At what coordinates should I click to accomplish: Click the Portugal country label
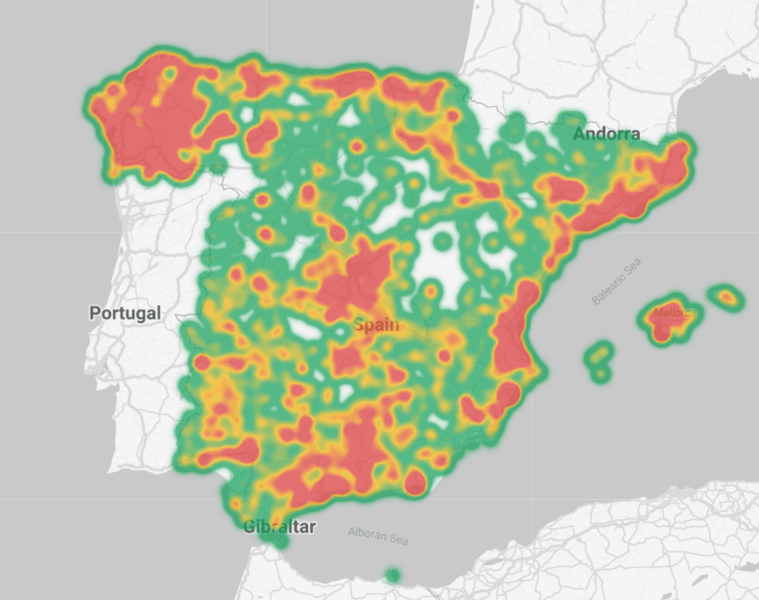click(125, 313)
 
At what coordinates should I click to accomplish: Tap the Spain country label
click(376, 325)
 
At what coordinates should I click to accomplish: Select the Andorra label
click(606, 134)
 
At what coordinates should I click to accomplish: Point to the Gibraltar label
click(280, 527)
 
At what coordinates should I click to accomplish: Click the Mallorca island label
click(675, 313)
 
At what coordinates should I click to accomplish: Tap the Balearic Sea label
click(617, 282)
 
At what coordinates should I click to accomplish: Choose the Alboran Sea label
click(378, 535)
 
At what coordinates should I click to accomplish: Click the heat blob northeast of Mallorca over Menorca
click(726, 296)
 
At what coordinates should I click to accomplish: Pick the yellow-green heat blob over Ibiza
click(600, 355)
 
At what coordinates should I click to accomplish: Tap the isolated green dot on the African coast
click(393, 576)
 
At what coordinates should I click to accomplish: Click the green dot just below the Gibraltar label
click(280, 541)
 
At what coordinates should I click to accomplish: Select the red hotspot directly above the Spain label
click(358, 280)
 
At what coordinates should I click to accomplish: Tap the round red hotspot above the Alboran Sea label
click(415, 482)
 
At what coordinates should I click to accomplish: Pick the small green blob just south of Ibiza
click(600, 375)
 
